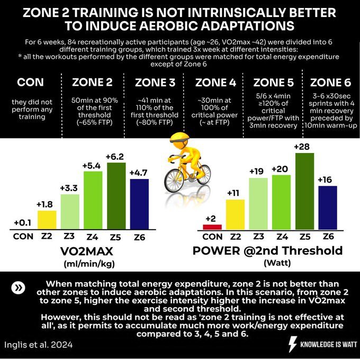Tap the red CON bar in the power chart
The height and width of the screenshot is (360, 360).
pos(213,227)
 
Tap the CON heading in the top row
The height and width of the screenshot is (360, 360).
pos(30,83)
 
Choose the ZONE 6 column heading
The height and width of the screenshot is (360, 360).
pos(329,83)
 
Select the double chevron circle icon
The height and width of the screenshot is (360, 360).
pos(19,287)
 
